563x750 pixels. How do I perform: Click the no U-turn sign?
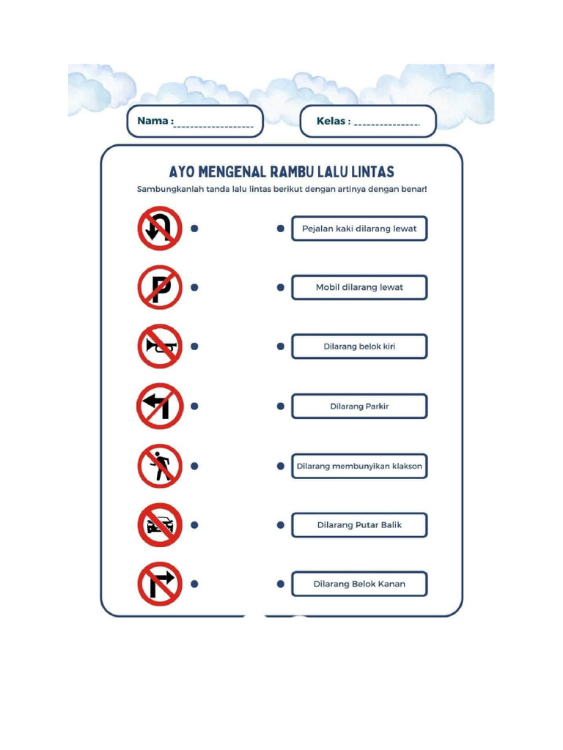coord(159,229)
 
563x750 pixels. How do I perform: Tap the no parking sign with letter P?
coord(159,287)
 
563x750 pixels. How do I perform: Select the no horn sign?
coord(159,346)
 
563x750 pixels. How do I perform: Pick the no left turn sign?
coord(159,406)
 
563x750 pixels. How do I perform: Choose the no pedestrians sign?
coord(159,466)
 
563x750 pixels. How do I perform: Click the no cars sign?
coord(159,525)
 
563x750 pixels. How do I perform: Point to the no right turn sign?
coord(159,584)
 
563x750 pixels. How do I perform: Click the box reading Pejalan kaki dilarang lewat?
coord(359,229)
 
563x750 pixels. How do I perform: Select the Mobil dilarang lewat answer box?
coord(359,287)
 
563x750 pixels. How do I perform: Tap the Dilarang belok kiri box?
coord(359,346)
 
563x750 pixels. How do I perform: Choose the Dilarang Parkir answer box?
coord(359,406)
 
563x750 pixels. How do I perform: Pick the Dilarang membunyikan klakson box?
coord(359,466)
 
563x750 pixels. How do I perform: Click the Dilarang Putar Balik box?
coord(359,525)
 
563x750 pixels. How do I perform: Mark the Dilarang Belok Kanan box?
coord(359,584)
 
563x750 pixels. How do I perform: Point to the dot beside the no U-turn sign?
coord(194,229)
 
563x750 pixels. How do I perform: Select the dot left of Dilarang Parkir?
coord(280,406)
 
